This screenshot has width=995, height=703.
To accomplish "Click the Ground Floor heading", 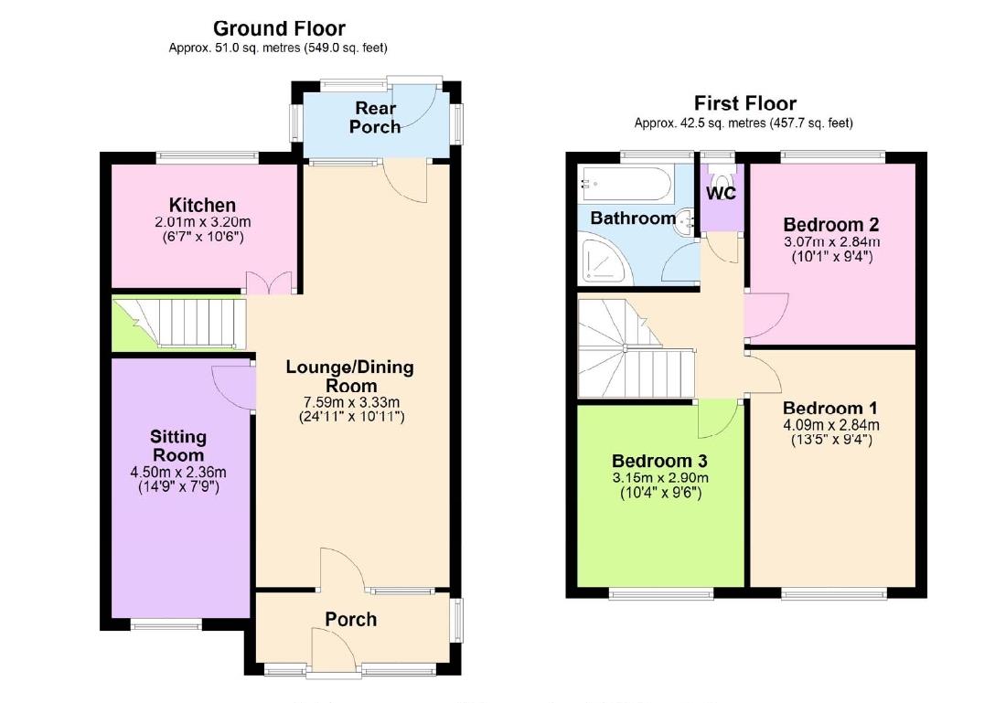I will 279,29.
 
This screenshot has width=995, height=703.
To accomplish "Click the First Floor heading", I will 744,103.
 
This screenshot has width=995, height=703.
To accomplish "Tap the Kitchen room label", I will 202,205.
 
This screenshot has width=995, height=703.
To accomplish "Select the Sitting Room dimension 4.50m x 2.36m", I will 179,473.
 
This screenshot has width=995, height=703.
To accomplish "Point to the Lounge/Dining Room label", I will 349,376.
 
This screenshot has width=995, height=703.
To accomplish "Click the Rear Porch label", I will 375,117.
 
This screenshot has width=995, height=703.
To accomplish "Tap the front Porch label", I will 351,620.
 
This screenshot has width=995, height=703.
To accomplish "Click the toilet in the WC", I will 722,175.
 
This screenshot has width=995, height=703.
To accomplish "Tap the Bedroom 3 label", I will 659,460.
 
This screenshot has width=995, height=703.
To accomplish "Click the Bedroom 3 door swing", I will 717,419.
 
